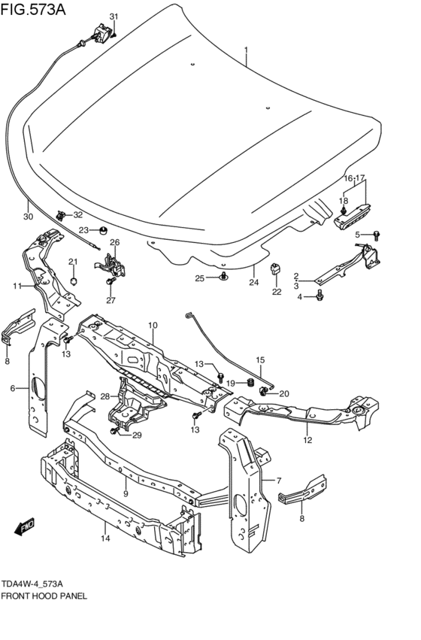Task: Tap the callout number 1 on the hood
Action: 244,50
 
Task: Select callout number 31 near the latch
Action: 114,17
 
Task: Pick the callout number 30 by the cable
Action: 28,217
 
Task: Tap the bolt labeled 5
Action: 377,235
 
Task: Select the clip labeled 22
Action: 276,267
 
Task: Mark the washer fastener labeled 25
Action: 224,278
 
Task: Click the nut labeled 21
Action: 73,281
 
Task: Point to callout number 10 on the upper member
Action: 152,325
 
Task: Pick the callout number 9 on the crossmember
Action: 125,493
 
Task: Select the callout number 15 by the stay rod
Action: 261,359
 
